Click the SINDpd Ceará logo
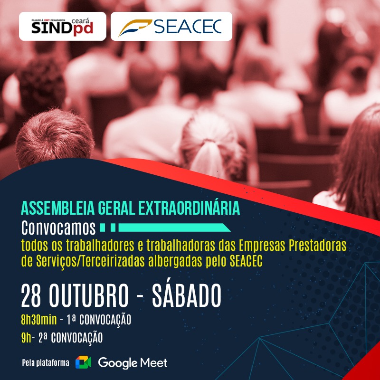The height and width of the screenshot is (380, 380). [62, 26]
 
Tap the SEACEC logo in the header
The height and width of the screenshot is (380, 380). [171, 26]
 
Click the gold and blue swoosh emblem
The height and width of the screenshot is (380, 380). [135, 28]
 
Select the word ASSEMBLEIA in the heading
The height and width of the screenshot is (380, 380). [57, 208]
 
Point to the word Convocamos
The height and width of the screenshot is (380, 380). [58, 228]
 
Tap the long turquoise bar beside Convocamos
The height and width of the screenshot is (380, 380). [174, 228]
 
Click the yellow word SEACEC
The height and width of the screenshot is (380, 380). [246, 261]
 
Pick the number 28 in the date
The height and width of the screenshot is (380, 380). [31, 295]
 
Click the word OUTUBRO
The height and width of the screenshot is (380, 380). [89, 295]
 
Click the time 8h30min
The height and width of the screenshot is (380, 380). [39, 320]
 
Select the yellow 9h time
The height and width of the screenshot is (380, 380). [26, 338]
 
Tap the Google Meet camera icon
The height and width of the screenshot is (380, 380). [83, 362]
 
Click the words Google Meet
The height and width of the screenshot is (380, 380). [133, 363]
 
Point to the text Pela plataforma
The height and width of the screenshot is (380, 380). [46, 363]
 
